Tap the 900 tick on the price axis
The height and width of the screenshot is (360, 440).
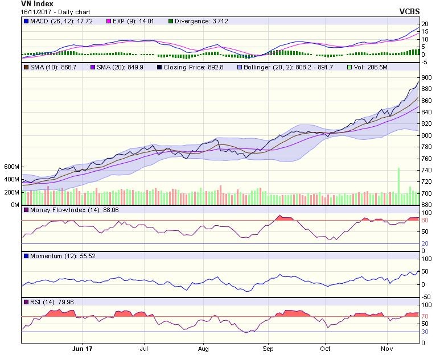tap(427, 77)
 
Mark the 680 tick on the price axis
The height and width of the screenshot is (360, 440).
tap(427, 205)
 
